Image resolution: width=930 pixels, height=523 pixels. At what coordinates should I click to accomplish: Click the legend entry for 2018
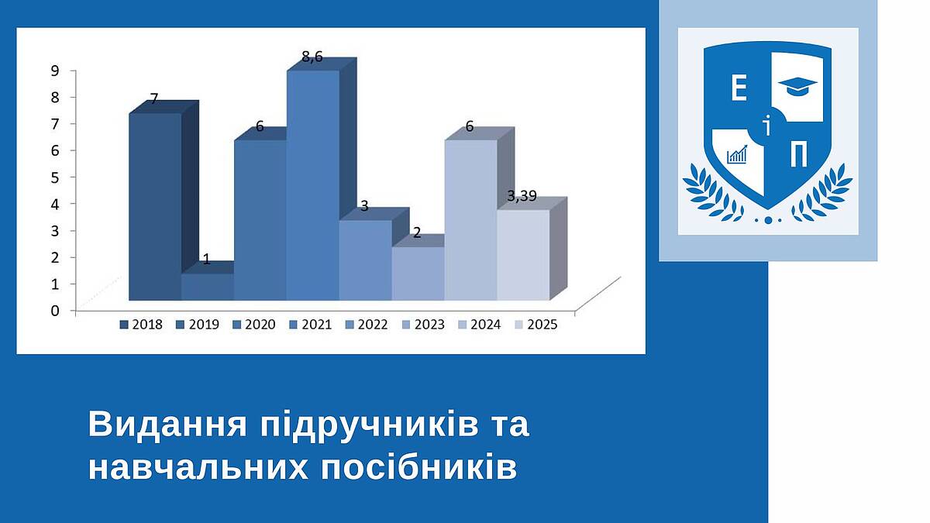click(141, 325)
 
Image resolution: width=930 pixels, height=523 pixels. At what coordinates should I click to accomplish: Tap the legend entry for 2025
click(536, 325)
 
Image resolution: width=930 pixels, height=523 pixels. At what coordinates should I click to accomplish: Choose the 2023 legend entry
click(423, 325)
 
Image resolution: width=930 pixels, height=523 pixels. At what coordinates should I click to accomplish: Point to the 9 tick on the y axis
click(55, 71)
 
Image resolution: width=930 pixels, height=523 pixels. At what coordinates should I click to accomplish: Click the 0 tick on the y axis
click(55, 311)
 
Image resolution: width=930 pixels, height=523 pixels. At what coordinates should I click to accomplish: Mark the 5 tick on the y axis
click(55, 177)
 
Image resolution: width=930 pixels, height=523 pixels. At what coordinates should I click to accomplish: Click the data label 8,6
click(312, 57)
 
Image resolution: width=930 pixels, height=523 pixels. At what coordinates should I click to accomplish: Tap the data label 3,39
click(522, 196)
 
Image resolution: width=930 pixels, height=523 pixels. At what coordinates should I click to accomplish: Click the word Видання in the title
click(167, 425)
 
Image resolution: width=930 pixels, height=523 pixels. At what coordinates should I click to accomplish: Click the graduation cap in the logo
click(797, 86)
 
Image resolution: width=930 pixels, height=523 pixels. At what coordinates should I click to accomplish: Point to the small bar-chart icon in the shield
click(737, 154)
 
